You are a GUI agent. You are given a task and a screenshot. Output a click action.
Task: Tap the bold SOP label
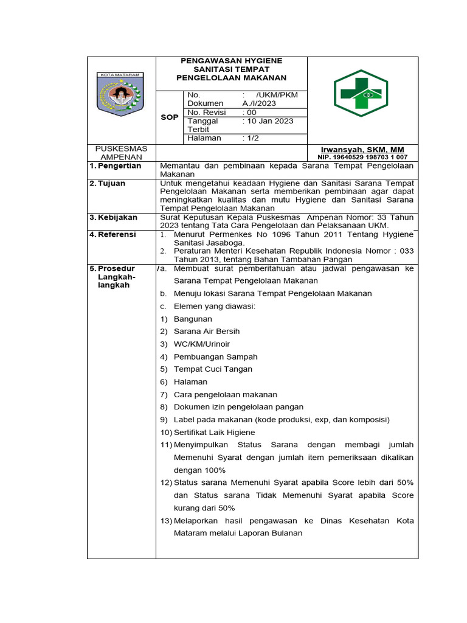tap(169, 117)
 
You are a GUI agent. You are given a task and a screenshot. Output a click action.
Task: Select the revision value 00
tap(250, 113)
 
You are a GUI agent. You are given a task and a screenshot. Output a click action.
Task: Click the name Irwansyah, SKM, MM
tap(362, 150)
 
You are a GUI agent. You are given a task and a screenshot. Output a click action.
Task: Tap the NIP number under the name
tap(362, 157)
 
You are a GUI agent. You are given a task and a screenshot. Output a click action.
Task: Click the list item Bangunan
tap(193, 319)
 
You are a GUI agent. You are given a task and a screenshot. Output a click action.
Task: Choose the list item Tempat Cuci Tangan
tap(213, 369)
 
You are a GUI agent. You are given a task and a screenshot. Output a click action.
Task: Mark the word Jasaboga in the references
tap(226, 242)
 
